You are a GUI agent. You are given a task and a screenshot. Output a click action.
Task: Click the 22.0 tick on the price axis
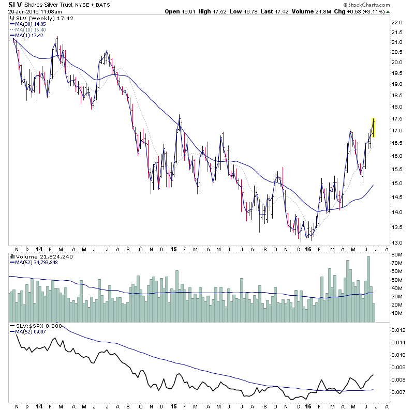point(397,23)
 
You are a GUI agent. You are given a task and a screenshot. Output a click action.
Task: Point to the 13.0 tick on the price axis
point(397,242)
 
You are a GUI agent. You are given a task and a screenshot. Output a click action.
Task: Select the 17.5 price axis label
point(397,118)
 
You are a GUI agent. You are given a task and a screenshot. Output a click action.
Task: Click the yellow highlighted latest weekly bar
point(373,128)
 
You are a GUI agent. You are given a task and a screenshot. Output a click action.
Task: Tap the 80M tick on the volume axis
point(397,254)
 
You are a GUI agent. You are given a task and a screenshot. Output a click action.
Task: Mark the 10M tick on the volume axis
point(397,313)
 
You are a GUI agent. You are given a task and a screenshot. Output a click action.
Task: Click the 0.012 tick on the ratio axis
point(397,330)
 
